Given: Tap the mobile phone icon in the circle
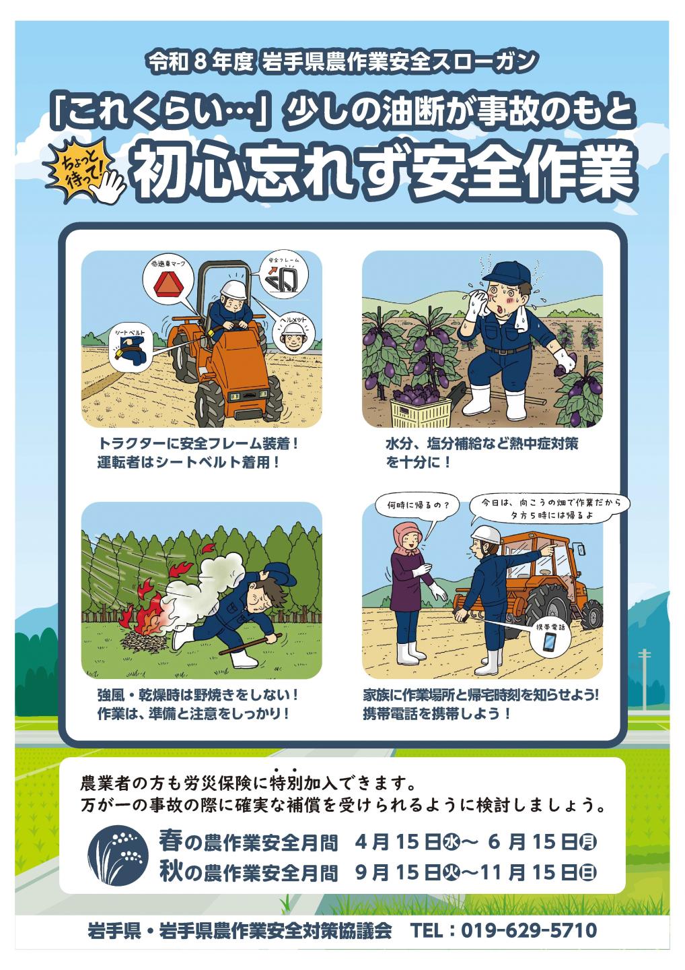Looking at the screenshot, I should pyautogui.click(x=550, y=641).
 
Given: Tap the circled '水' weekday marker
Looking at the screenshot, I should pyautogui.click(x=451, y=841).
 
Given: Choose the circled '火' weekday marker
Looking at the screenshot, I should pyautogui.click(x=451, y=872).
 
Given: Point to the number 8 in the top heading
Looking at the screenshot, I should pyautogui.click(x=199, y=62).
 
